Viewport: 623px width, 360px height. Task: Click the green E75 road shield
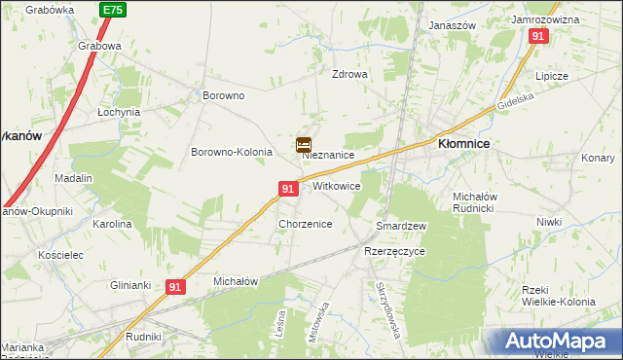(112, 10)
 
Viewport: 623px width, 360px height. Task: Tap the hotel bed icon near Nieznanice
(304, 145)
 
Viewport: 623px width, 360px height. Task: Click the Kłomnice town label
(463, 142)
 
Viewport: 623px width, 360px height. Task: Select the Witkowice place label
(337, 185)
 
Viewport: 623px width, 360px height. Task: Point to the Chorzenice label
(306, 224)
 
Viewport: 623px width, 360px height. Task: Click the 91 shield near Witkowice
(288, 189)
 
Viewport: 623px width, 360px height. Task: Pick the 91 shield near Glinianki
(175, 287)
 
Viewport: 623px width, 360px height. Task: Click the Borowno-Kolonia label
(230, 153)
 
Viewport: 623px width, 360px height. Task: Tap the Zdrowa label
(350, 74)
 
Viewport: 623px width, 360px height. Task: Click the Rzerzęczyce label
(394, 250)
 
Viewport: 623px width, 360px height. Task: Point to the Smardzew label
(402, 226)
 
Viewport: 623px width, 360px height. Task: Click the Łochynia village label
(119, 112)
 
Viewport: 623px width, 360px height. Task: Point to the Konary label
(598, 158)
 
